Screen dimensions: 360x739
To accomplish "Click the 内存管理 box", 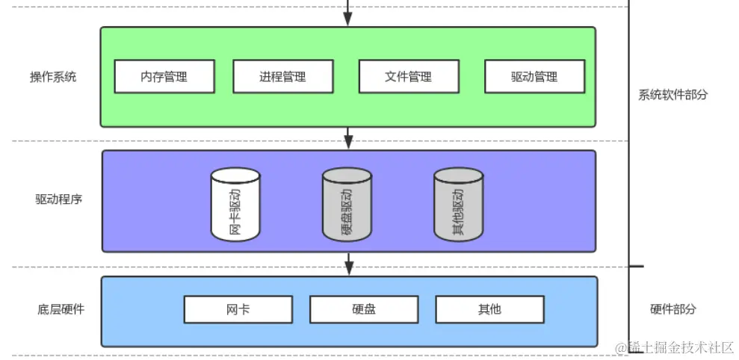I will click(x=164, y=76).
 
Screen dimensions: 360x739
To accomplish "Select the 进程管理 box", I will click(x=282, y=76).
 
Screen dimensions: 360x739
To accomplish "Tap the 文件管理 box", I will click(x=409, y=76).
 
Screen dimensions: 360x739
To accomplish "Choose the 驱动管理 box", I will click(x=534, y=76).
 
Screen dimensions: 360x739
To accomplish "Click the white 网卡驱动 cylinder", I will click(x=235, y=204).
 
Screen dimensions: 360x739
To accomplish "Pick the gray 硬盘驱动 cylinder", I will click(x=347, y=204).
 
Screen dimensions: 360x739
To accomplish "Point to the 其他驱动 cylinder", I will click(x=458, y=204).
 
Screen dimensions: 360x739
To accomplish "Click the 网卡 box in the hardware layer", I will click(x=238, y=309).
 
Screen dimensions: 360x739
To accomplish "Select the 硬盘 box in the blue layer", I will click(x=363, y=309).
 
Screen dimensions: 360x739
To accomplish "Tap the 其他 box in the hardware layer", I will click(x=489, y=309).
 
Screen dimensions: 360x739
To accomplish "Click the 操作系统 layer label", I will click(x=53, y=77).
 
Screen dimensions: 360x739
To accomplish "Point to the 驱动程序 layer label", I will click(x=58, y=199).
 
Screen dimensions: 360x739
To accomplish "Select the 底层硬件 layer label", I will click(x=61, y=309).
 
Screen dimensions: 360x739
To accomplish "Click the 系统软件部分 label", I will click(x=672, y=95).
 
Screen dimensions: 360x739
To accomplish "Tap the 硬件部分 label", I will click(x=672, y=309).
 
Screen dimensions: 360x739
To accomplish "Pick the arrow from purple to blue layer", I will click(x=348, y=264).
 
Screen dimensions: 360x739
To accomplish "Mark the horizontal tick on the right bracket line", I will click(x=636, y=267).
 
